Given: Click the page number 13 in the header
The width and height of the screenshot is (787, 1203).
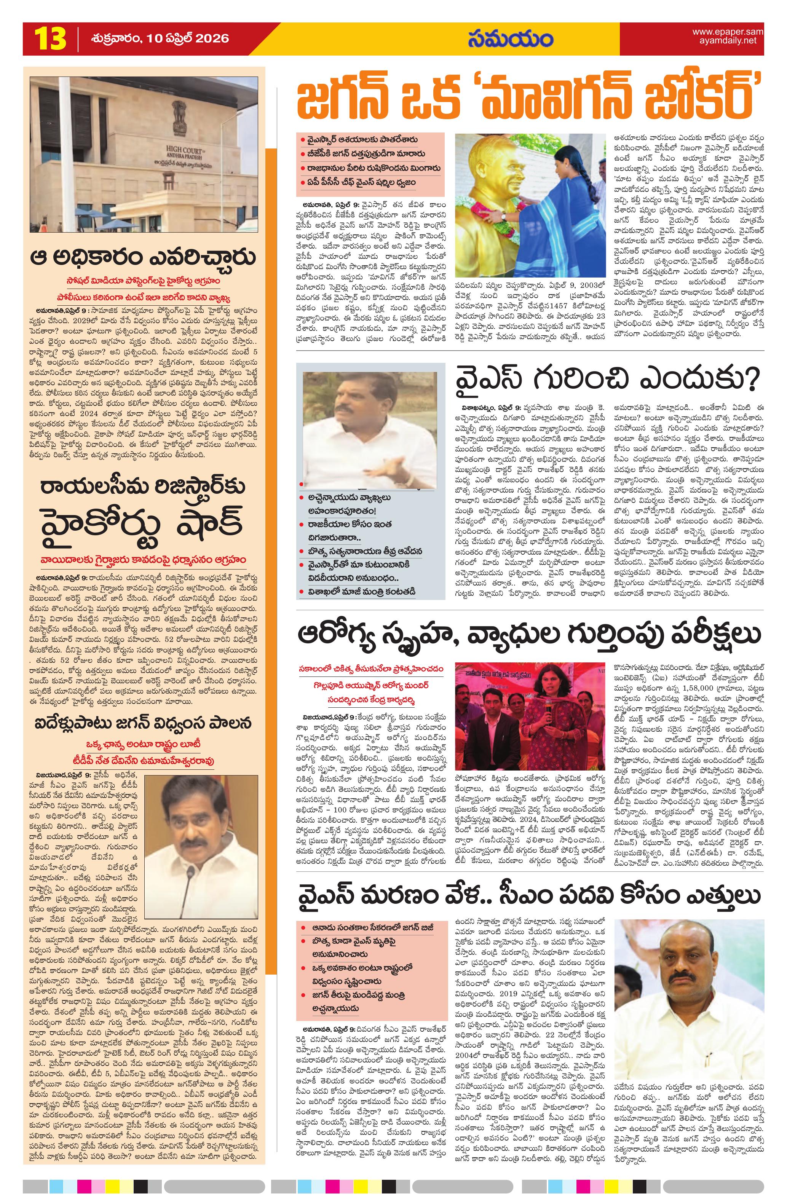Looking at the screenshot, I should coord(49,38).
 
